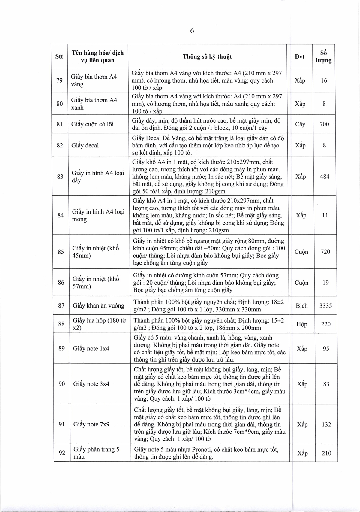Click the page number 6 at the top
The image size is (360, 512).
[x=192, y=31]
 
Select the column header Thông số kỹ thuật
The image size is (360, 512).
[x=207, y=56]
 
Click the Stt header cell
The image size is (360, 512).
[x=59, y=56]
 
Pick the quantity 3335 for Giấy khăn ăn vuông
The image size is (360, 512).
[x=325, y=306]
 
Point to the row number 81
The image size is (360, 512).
[x=60, y=124]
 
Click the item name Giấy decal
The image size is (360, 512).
[x=85, y=145]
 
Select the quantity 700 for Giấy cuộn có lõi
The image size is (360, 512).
[x=324, y=124]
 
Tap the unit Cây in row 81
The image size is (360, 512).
[x=300, y=124]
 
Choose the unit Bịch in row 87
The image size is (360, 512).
[x=301, y=306]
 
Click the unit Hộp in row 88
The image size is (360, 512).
[x=301, y=324]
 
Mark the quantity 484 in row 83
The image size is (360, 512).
[x=325, y=177]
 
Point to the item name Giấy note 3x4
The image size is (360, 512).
[x=91, y=384]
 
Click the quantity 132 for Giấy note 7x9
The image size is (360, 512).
[x=326, y=424]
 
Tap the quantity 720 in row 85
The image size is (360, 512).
[x=325, y=252]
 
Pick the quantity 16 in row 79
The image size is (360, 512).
[x=324, y=80]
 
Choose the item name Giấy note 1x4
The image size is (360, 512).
[x=91, y=349]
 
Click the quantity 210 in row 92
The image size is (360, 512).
[x=326, y=453]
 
